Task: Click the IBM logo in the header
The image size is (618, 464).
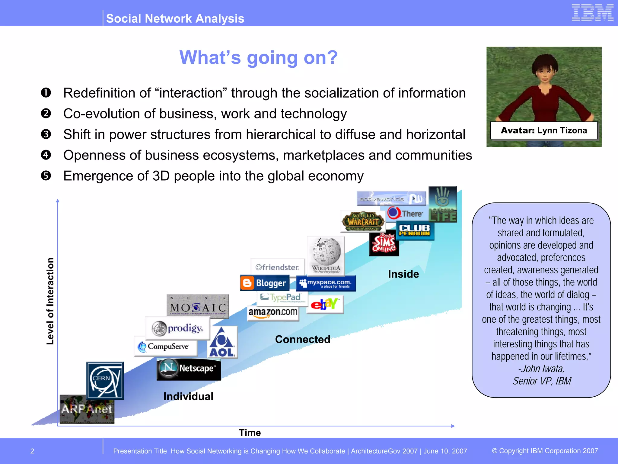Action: [592, 13]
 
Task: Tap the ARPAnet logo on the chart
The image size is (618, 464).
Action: [87, 409]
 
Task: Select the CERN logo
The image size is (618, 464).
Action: [105, 380]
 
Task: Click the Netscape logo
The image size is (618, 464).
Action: [189, 369]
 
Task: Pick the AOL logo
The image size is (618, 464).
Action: [222, 342]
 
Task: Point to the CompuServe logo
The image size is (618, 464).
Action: [166, 346]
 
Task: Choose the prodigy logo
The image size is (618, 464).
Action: [177, 328]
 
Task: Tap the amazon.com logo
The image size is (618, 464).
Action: [273, 312]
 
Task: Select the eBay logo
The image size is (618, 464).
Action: [325, 304]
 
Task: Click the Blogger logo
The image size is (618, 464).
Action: [265, 283]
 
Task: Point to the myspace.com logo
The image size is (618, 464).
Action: [326, 283]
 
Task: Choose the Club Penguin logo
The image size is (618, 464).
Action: [415, 230]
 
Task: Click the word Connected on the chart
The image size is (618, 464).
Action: [303, 339]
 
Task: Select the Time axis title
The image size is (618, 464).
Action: [250, 433]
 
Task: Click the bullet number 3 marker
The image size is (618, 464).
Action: [46, 134]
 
